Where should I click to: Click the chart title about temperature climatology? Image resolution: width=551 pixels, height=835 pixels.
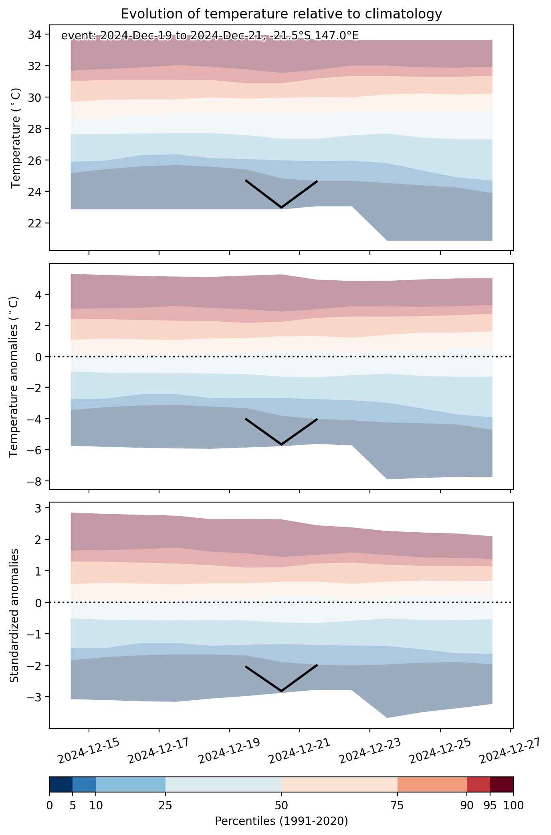point(281,14)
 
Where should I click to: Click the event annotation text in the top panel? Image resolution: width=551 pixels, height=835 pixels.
point(210,36)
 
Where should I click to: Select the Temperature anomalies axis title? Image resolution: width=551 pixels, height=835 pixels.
point(14,377)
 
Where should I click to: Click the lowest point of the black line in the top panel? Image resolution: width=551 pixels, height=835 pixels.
point(281,208)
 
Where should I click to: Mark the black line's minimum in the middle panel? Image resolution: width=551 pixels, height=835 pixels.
point(281,444)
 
